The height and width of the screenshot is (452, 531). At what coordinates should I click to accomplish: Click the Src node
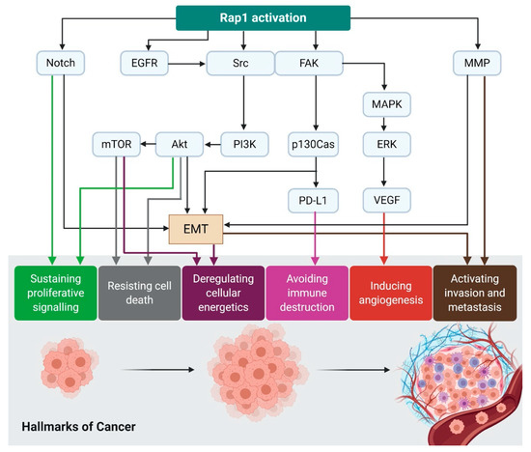tap(232, 65)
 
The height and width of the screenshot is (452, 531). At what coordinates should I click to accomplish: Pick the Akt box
tap(180, 145)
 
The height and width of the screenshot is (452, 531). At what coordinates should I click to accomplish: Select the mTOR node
tap(118, 145)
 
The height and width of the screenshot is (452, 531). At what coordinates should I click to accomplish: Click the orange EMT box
tap(196, 227)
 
